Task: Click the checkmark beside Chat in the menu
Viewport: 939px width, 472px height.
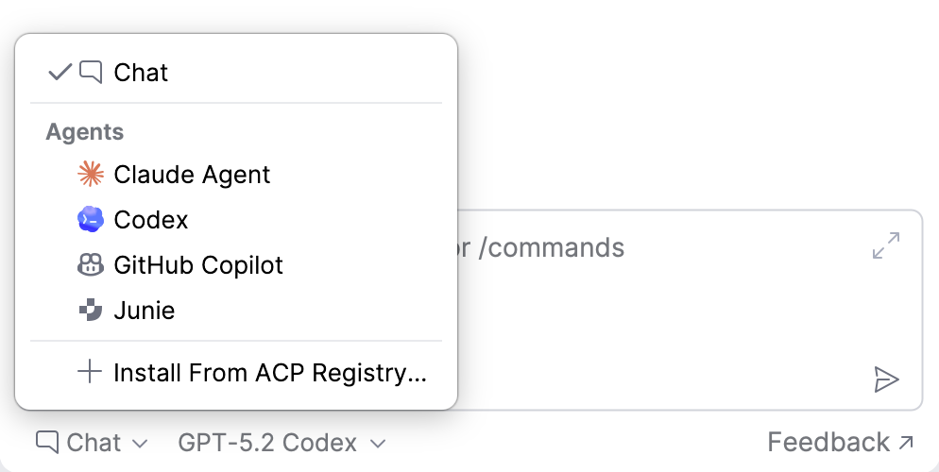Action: [x=60, y=73]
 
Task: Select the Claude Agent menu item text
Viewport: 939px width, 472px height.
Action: [x=192, y=175]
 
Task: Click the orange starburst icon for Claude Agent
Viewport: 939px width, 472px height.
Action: [x=91, y=174]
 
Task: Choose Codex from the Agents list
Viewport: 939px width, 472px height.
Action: [x=151, y=220]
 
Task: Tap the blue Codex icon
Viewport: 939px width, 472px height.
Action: [x=91, y=219]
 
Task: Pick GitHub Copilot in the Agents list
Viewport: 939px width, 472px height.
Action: [x=198, y=265]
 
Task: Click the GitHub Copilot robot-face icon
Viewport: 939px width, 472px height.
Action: [x=91, y=264]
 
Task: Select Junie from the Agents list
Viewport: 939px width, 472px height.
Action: [x=145, y=311]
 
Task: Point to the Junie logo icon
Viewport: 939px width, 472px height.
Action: [x=91, y=310]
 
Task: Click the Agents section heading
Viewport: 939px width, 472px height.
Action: [x=85, y=131]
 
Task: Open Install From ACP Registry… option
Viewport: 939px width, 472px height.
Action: [x=270, y=373]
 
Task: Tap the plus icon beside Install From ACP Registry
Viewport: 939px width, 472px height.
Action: [x=90, y=372]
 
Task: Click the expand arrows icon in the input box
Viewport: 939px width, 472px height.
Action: [x=886, y=245]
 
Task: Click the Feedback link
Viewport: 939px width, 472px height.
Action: [x=840, y=443]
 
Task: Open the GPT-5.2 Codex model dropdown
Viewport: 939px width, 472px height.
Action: [x=282, y=444]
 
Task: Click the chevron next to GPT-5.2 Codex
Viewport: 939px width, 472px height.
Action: [x=378, y=444]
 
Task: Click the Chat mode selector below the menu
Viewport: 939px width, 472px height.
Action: [x=92, y=444]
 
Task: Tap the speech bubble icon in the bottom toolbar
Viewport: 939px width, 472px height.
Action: [x=47, y=443]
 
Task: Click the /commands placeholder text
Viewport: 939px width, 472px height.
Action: [x=551, y=247]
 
